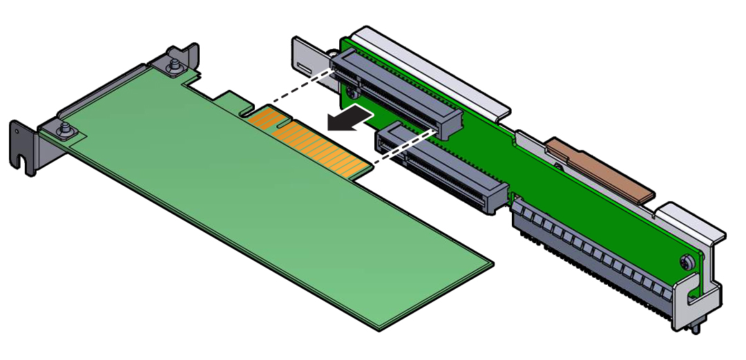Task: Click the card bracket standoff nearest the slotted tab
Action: click(64, 129)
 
